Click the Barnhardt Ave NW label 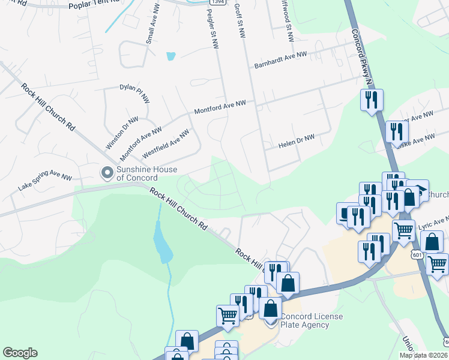click(x=280, y=62)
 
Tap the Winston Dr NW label click(x=118, y=132)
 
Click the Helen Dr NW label click(x=297, y=142)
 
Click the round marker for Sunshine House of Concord click(x=107, y=173)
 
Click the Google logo click(x=20, y=352)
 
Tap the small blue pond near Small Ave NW click(x=171, y=56)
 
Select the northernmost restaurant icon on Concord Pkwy click(x=371, y=98)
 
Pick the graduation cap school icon click(x=418, y=189)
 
